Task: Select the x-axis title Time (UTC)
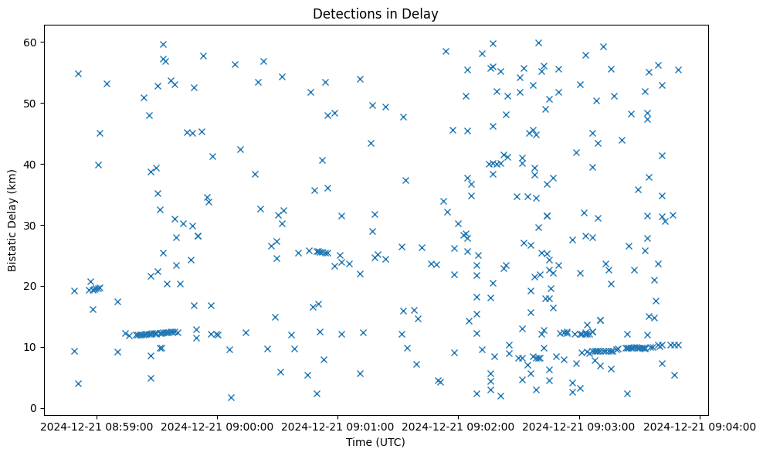tap(375, 442)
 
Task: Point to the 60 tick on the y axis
tap(32, 42)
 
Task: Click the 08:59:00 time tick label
tap(97, 426)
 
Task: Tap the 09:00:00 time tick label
tap(218, 426)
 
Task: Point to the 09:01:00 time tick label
tap(338, 426)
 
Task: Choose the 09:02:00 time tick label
tap(459, 426)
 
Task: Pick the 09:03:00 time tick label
tap(579, 426)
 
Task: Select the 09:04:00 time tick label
tap(700, 426)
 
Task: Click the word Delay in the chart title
tap(422, 14)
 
